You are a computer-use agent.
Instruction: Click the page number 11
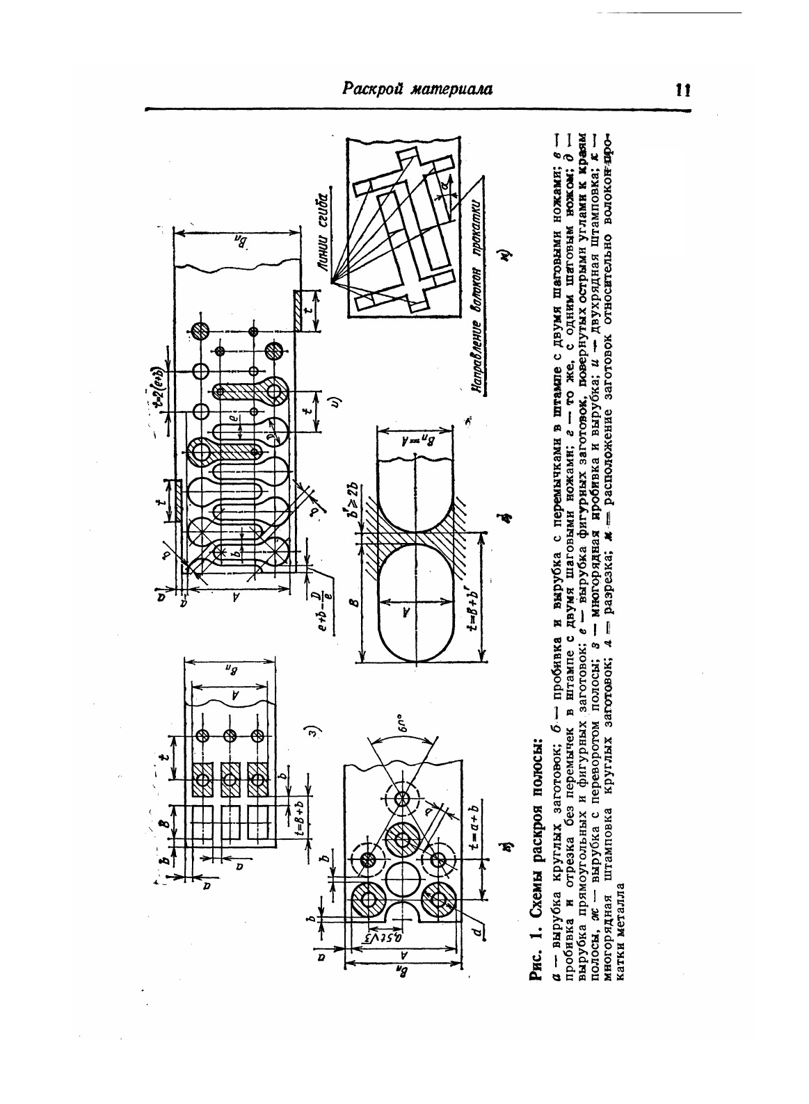681,91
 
